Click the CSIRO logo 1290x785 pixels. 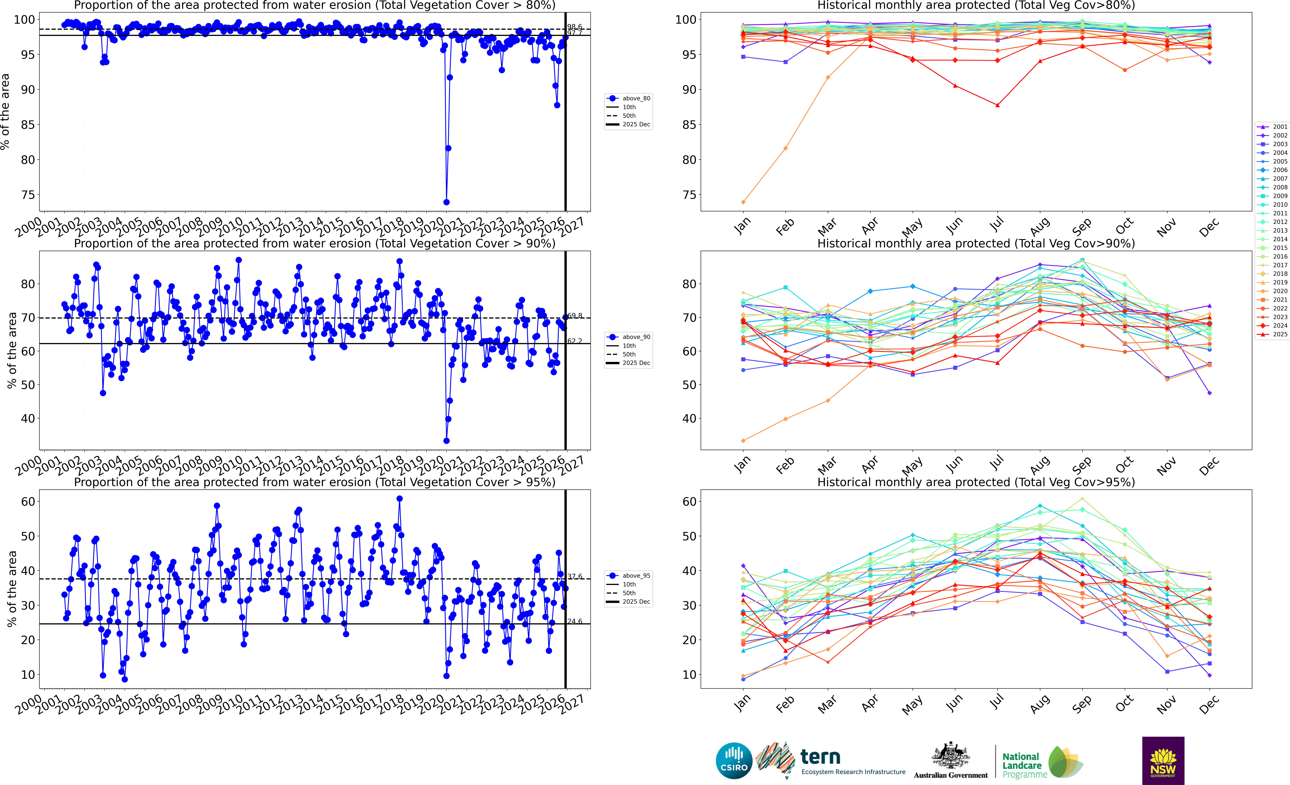coord(734,760)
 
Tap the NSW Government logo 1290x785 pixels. coord(1163,760)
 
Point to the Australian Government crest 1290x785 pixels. coord(950,756)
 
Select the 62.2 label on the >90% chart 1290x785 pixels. coord(574,341)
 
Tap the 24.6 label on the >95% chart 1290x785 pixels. coord(574,621)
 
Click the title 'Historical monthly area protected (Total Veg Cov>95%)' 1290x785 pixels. coord(976,482)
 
